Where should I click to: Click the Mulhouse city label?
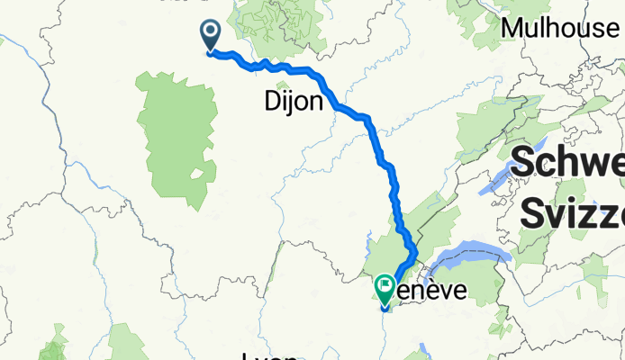(560, 28)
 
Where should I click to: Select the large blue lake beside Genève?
(468, 259)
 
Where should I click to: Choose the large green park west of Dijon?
(176, 126)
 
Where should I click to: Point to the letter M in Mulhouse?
(512, 28)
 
